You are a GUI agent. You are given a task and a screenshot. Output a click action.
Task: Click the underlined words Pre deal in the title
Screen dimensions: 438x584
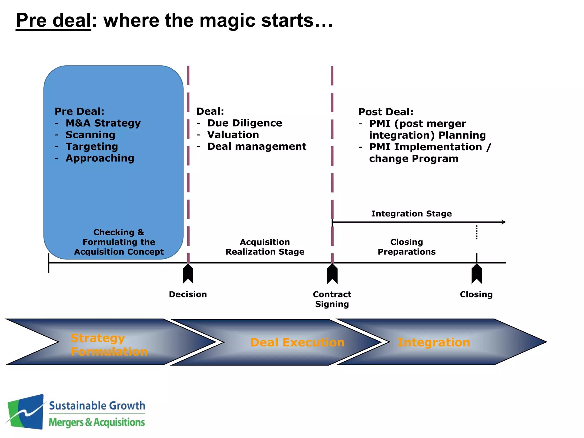53,21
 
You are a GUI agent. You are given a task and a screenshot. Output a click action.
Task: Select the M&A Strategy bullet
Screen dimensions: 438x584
103,123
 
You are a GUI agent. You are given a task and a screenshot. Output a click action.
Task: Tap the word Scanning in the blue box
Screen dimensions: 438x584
90,135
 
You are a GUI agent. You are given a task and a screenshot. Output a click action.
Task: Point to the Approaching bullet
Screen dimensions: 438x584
100,158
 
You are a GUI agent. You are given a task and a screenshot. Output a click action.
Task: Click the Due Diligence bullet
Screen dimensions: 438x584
244,123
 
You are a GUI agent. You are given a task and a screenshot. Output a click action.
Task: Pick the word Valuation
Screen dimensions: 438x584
233,135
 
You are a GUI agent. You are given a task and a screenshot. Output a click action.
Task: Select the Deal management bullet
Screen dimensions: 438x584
256,147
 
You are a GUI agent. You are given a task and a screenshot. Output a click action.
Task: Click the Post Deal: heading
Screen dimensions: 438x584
386,112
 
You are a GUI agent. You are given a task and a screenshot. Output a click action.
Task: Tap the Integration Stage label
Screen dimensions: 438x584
411,214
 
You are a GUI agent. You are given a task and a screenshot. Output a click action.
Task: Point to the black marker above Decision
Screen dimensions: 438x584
188,274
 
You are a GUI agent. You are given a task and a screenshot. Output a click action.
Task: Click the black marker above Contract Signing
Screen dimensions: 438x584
332,274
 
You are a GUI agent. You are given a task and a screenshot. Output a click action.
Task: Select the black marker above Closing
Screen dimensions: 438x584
476,274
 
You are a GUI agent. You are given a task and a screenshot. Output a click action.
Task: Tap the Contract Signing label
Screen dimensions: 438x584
332,299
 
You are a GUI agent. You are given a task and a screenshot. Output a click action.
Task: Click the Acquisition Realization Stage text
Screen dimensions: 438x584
265,247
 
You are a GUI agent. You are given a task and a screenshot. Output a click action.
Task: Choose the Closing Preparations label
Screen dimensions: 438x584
406,247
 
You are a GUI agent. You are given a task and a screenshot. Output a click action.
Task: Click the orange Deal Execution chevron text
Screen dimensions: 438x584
297,342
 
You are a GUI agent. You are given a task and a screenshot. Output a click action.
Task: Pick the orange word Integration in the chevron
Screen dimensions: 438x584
433,342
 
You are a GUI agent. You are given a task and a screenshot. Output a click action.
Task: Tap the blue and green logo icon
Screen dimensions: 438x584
26,411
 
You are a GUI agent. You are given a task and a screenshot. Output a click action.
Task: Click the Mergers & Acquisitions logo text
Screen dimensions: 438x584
97,422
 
